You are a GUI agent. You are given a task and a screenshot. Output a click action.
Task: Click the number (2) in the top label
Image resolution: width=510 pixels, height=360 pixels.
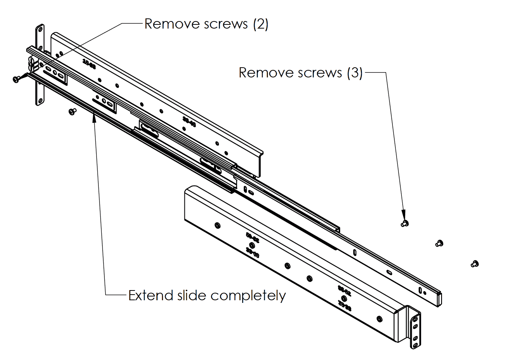(x=260, y=24)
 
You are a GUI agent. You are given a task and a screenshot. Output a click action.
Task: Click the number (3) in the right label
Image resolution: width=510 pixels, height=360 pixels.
(x=355, y=73)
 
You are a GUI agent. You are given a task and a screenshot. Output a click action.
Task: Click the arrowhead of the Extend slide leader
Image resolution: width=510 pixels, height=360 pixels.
(x=94, y=118)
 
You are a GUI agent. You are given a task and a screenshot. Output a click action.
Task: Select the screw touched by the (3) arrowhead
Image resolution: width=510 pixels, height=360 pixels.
(x=404, y=224)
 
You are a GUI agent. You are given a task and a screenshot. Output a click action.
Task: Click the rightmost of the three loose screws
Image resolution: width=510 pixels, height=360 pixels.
(x=475, y=264)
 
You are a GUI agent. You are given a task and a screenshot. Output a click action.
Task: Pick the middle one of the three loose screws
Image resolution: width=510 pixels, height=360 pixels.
(x=439, y=244)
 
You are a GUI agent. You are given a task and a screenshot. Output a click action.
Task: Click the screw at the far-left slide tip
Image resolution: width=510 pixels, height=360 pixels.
(x=17, y=79)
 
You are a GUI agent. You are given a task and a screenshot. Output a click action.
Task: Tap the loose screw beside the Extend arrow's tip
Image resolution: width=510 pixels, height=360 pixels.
(x=72, y=111)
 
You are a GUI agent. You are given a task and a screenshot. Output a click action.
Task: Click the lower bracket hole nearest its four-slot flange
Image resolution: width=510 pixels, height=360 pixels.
(x=379, y=319)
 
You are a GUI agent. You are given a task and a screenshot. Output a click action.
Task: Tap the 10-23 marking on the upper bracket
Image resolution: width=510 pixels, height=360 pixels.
(x=89, y=64)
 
